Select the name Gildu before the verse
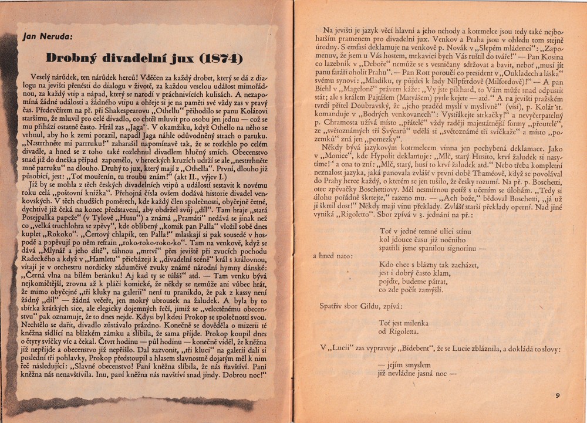(376, 306)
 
